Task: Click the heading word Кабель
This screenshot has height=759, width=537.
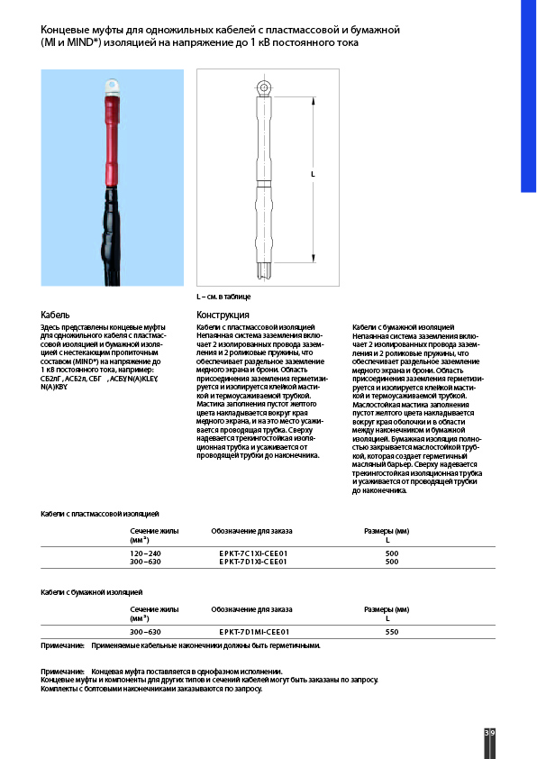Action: pos(55,315)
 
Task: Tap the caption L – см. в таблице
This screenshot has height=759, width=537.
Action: pos(223,297)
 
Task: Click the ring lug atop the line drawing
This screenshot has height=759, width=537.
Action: pos(264,87)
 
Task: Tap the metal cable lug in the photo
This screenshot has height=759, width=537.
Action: pos(113,87)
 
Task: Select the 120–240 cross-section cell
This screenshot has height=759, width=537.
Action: pos(146,553)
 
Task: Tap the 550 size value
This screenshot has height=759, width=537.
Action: pos(391,632)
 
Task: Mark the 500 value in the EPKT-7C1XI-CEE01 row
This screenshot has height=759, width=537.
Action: pos(391,553)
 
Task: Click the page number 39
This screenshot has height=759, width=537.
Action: pos(489,734)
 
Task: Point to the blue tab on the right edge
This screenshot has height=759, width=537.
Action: pos(528,99)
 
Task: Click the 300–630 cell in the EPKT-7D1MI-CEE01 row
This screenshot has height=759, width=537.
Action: pos(146,632)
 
